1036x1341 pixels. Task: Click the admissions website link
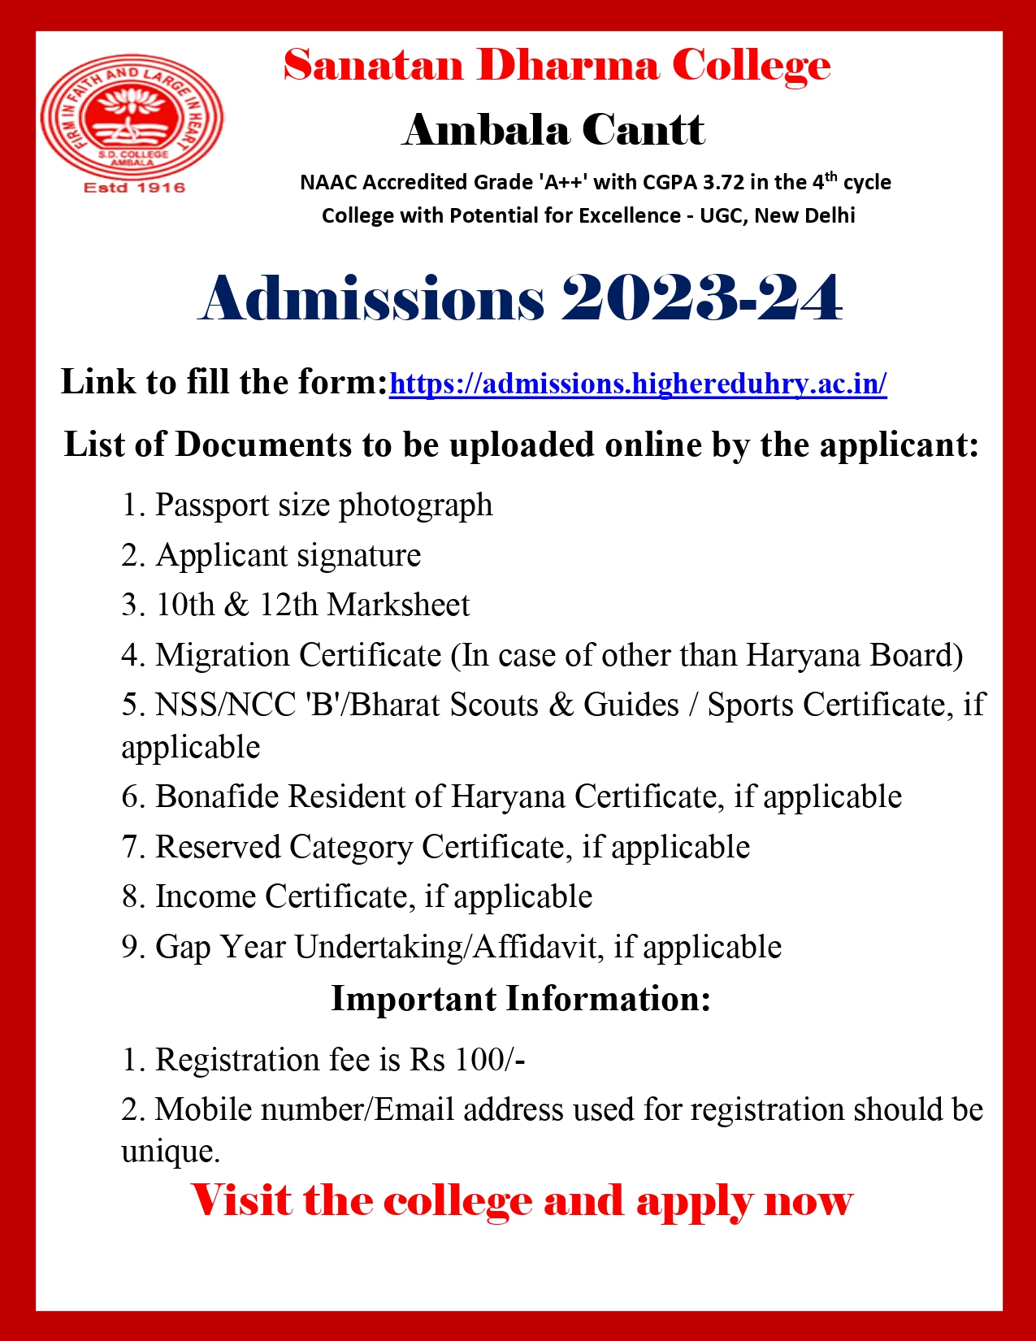coord(638,383)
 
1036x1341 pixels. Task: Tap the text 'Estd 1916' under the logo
coord(135,188)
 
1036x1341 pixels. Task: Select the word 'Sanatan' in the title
coord(373,65)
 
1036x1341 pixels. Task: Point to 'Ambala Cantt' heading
coord(553,130)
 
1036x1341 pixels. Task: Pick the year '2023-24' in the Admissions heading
coord(701,298)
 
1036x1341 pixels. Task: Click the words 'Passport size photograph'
coord(323,505)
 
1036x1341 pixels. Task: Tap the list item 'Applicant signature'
coord(288,555)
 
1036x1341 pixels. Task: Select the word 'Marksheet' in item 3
coord(398,605)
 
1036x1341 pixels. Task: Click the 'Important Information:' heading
coord(521,999)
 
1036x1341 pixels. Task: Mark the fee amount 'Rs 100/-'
coord(467,1060)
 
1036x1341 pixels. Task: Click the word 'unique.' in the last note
coord(171,1151)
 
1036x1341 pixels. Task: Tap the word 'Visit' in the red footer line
coord(241,1200)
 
